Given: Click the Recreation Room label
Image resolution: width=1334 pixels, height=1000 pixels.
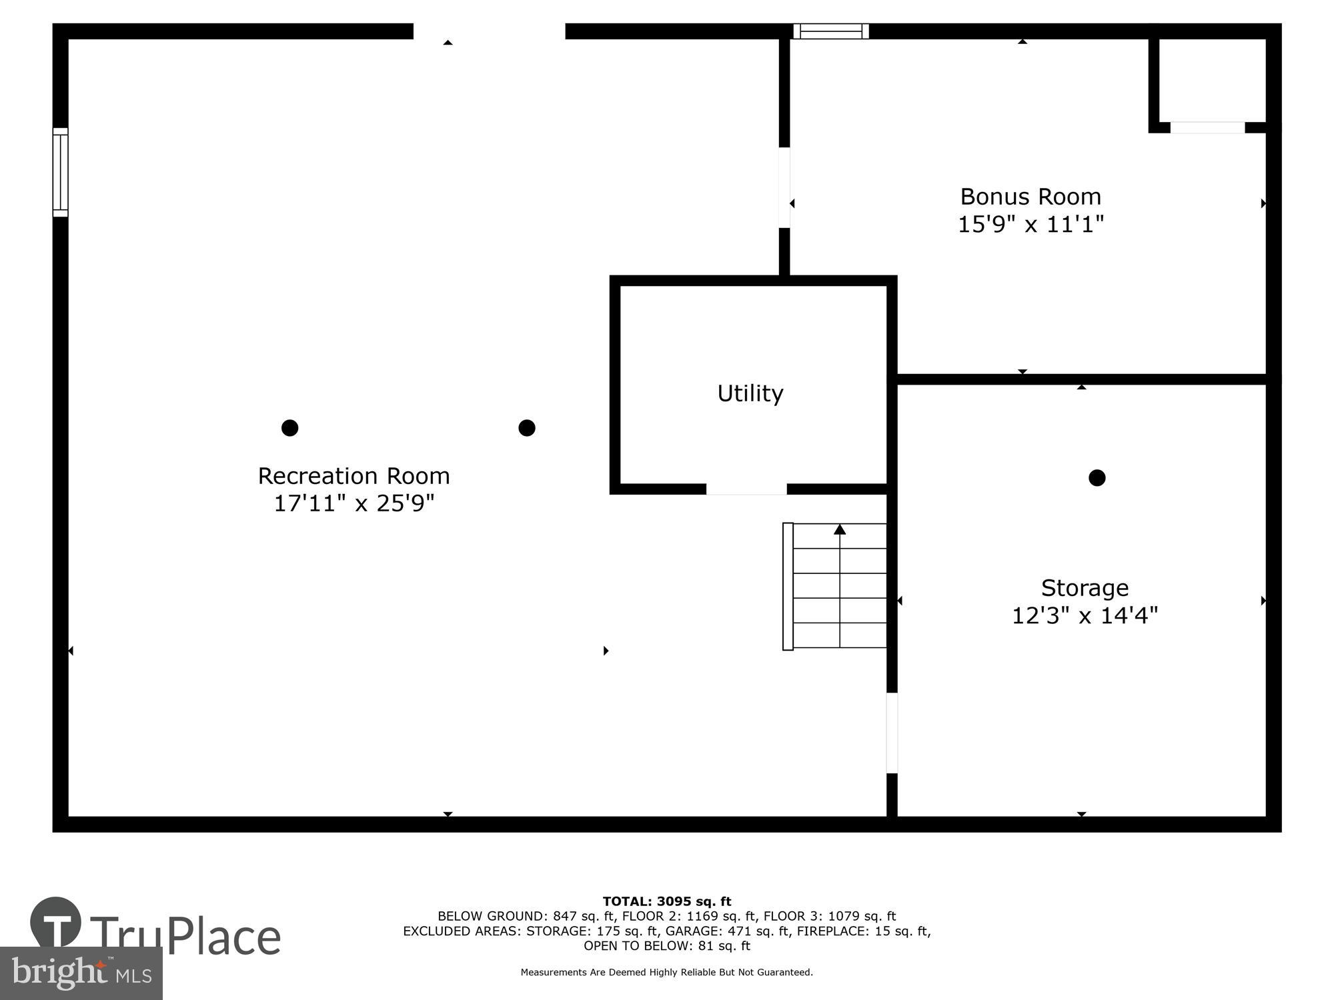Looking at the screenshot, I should [x=354, y=476].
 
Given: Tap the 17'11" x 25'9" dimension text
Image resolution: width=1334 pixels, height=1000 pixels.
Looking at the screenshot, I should [x=354, y=503].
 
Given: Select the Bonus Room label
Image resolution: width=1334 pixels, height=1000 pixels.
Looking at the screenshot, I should [x=1030, y=197].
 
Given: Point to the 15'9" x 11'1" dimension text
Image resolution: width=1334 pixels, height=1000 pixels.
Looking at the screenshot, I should [x=1030, y=225].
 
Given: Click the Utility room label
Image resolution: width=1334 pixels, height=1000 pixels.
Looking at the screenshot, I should [x=750, y=393].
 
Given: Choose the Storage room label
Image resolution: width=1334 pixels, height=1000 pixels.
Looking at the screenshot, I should [x=1085, y=588].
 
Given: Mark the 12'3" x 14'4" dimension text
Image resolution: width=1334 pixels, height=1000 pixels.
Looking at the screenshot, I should [x=1085, y=615].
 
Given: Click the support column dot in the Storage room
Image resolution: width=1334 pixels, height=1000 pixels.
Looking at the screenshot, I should [x=1097, y=477].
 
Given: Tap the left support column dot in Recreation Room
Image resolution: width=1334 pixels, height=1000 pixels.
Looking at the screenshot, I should [x=289, y=427].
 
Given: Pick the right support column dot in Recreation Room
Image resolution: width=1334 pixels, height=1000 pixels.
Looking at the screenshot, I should [x=526, y=427].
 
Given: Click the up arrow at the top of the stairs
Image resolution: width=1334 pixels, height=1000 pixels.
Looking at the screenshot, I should [x=840, y=529].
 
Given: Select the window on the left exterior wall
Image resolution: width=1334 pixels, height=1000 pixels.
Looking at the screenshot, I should [x=61, y=172].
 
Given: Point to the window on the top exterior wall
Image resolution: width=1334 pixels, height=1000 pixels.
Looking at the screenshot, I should [x=830, y=31].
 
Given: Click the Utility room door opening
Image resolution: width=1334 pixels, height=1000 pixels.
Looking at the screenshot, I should [x=746, y=490].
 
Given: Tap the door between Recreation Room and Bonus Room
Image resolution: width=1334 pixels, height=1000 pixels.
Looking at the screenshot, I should [x=784, y=188].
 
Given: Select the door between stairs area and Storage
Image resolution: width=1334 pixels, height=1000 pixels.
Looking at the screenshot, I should [x=892, y=733].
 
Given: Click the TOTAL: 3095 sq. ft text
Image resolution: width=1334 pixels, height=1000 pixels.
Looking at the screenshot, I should [x=666, y=901].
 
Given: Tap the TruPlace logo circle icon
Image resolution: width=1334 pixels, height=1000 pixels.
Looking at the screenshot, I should [x=56, y=922].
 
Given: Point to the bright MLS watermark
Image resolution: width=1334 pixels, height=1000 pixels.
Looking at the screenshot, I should [x=81, y=973].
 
